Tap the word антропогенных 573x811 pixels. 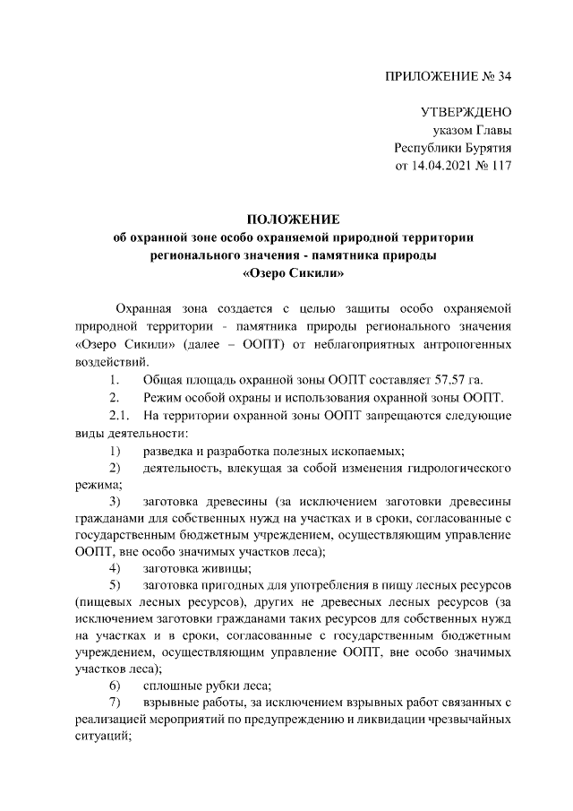[x=461, y=344]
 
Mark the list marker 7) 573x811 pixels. [x=115, y=703]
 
